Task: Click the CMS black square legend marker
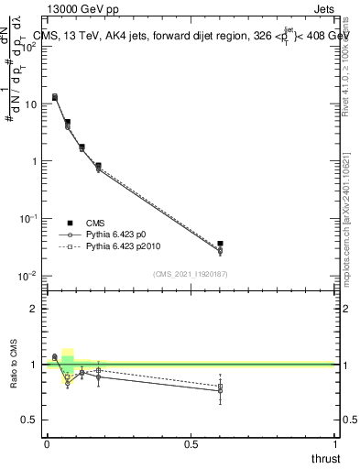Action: (70, 222)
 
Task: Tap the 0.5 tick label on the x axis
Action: (191, 443)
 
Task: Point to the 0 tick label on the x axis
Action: (47, 443)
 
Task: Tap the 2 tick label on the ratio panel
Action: (32, 309)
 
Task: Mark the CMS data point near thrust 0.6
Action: (220, 244)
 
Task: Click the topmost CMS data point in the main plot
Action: (55, 96)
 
